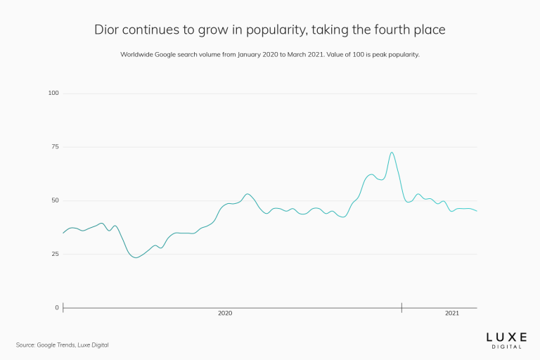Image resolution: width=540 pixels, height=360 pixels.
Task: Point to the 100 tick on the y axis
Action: (x=53, y=94)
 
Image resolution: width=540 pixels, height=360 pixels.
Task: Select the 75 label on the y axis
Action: (x=55, y=147)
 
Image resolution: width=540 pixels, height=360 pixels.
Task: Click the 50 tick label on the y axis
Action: (x=55, y=200)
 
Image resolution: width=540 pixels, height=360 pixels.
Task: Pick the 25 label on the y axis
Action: (x=55, y=254)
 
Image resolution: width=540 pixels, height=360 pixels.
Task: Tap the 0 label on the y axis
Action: (x=57, y=308)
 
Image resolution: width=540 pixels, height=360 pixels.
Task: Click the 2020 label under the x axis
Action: (x=225, y=313)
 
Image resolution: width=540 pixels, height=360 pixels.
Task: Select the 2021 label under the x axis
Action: (x=452, y=313)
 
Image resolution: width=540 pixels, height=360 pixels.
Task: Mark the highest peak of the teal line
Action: (x=392, y=153)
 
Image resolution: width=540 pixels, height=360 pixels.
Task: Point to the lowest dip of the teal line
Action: (x=136, y=257)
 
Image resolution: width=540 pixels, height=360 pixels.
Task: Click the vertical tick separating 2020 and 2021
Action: (x=401, y=307)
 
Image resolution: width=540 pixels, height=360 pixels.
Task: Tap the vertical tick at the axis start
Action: (x=63, y=307)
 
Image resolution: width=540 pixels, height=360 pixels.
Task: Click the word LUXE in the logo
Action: (x=507, y=337)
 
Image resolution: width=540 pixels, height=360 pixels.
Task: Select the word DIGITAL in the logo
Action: (x=507, y=347)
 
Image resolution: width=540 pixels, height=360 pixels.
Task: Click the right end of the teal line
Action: (x=477, y=211)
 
